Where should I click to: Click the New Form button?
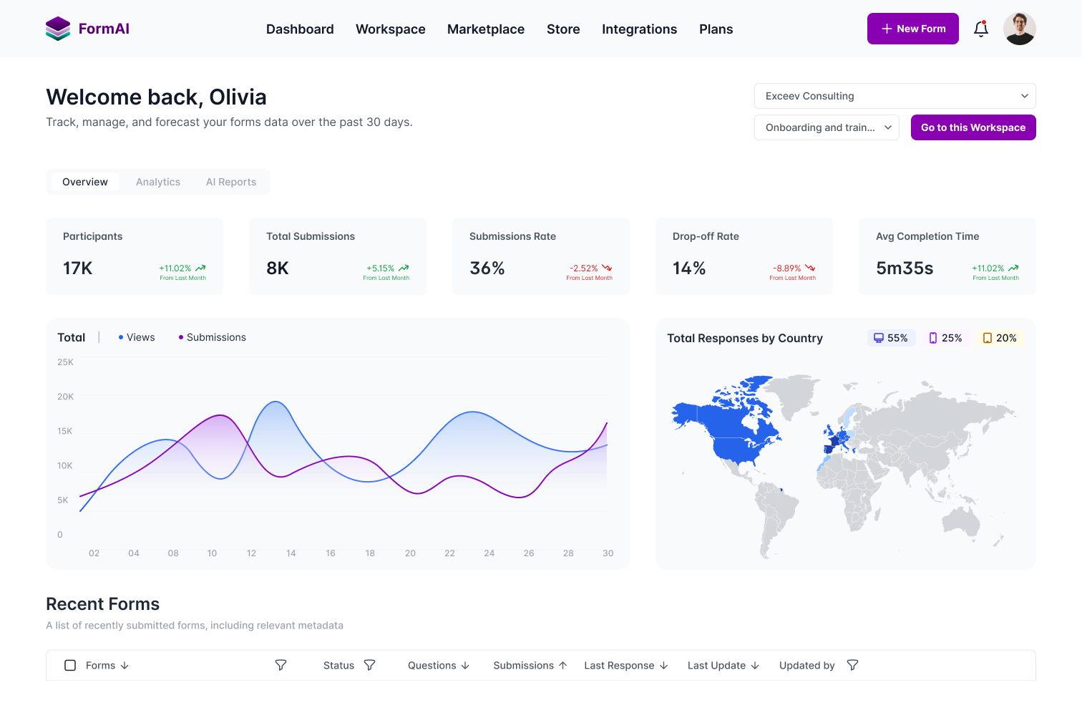point(912,29)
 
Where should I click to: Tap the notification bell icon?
point(981,29)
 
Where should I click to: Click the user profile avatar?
point(1019,29)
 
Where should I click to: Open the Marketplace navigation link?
point(485,29)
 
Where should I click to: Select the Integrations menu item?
point(639,29)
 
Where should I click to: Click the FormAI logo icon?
point(58,29)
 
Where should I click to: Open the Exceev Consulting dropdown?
point(895,96)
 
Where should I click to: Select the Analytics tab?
point(158,182)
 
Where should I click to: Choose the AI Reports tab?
point(231,182)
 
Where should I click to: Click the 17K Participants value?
point(78,268)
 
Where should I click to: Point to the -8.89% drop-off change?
point(787,268)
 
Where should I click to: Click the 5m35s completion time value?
point(905,268)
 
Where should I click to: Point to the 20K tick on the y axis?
point(65,397)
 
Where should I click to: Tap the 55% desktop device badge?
point(891,338)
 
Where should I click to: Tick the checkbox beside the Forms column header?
point(70,665)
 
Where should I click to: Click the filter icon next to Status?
point(369,665)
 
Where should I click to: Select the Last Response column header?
point(620,665)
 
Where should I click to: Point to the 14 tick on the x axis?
point(291,553)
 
